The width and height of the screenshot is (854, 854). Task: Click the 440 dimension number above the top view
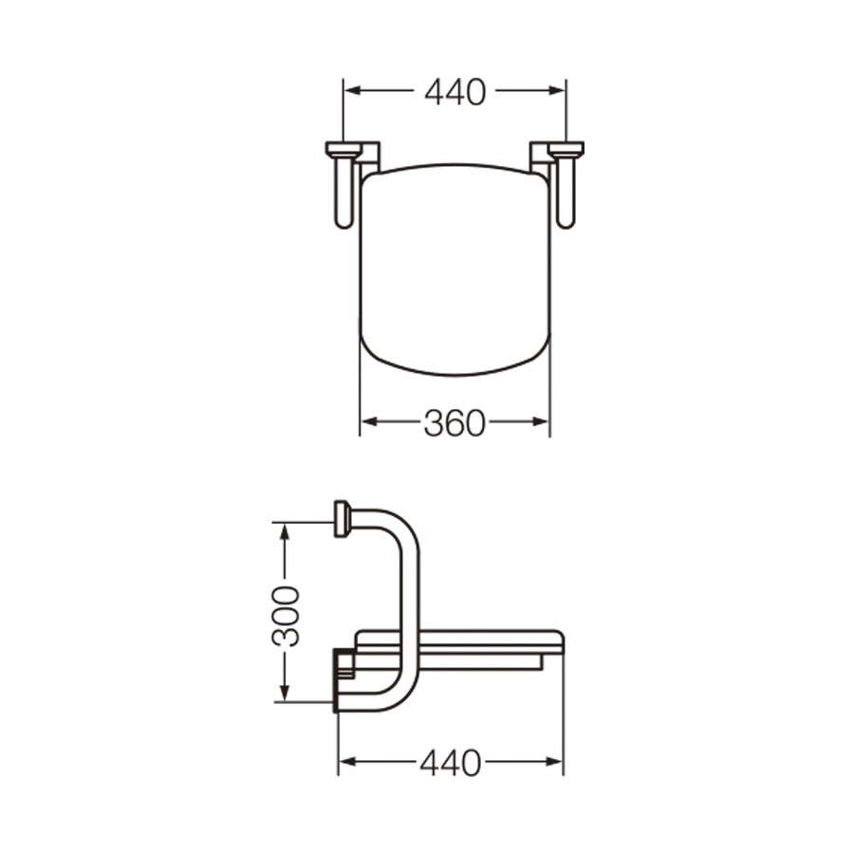pyautogui.click(x=455, y=92)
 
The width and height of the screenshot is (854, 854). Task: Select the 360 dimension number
pyautogui.click(x=455, y=423)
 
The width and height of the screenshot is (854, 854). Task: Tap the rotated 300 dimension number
pyautogui.click(x=286, y=617)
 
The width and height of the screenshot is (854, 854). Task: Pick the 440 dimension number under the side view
pyautogui.click(x=451, y=763)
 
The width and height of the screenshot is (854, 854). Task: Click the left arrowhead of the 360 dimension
pyautogui.click(x=370, y=421)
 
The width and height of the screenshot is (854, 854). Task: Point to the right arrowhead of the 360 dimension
pyautogui.click(x=540, y=421)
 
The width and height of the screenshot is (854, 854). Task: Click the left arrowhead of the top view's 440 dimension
pyautogui.click(x=354, y=90)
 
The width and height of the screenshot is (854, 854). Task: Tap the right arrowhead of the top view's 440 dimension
pyautogui.click(x=557, y=90)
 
